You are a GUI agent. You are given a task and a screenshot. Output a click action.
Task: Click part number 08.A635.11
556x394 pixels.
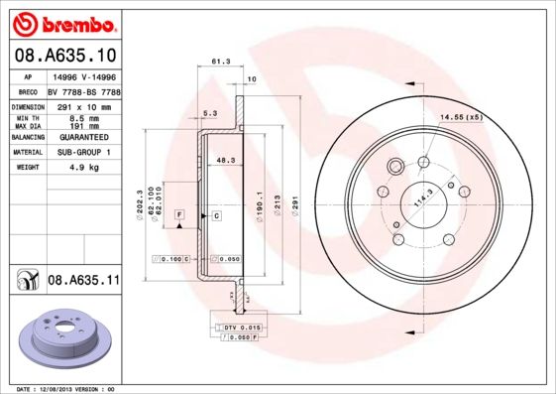point(83,281)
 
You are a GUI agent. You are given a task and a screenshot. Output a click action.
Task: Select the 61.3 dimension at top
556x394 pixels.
point(221,62)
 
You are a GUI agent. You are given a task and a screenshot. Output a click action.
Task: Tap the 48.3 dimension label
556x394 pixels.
point(225,159)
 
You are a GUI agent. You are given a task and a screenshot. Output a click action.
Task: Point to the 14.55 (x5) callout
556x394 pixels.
point(461,118)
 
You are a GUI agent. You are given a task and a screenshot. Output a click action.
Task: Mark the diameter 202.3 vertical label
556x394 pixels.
point(139,204)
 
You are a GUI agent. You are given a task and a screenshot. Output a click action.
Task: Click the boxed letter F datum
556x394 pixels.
point(179,214)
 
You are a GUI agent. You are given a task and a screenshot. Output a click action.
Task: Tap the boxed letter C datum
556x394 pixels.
point(215,214)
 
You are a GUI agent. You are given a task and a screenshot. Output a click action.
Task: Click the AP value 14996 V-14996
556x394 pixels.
point(85,76)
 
